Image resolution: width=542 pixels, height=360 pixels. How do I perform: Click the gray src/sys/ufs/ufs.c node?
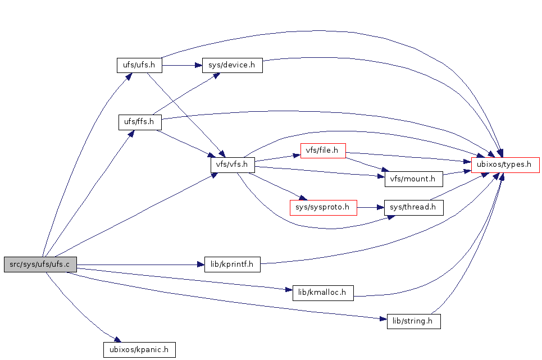click(x=40, y=265)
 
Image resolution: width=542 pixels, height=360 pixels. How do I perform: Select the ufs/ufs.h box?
click(x=139, y=65)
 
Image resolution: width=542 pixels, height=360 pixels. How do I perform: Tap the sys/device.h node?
click(x=232, y=65)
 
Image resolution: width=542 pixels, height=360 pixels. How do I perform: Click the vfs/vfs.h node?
click(x=233, y=165)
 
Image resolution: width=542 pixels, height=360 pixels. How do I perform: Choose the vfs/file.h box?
click(x=322, y=151)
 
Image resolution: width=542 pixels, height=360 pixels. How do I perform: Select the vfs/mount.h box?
click(x=414, y=179)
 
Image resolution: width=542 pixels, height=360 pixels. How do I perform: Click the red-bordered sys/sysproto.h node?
click(x=324, y=207)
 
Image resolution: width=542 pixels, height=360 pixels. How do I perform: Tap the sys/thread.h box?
click(x=413, y=207)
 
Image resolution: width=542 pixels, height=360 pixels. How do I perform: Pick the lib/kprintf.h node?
click(x=232, y=265)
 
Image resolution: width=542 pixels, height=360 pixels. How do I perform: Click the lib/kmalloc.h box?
click(x=323, y=293)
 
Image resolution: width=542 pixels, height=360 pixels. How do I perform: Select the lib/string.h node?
click(x=413, y=322)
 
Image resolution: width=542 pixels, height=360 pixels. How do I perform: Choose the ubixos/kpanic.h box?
click(x=139, y=350)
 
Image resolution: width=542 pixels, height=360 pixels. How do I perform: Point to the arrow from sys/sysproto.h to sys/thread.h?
click(x=370, y=207)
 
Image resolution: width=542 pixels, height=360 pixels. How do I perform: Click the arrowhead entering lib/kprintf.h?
click(x=201, y=265)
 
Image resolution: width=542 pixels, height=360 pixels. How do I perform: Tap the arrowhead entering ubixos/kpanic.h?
click(x=117, y=340)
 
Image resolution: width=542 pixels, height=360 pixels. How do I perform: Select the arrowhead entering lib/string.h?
click(x=384, y=319)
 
